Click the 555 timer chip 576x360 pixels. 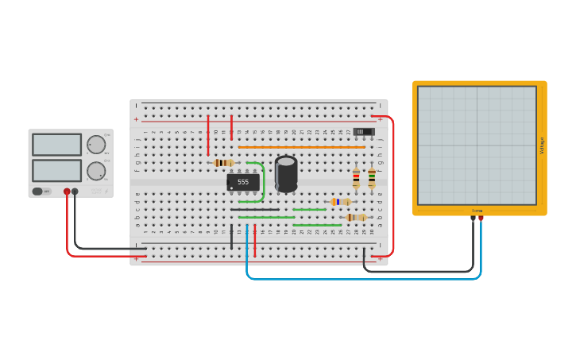243,182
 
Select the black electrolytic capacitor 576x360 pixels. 286,173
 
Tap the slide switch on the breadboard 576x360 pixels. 363,131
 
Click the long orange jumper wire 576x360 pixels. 302,147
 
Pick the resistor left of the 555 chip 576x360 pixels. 224,163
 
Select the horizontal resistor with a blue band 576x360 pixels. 341,202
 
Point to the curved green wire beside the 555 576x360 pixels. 263,182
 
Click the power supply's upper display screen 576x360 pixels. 56,145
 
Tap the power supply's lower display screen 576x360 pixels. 56,170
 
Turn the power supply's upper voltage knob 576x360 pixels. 96,145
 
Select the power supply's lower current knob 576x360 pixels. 96,171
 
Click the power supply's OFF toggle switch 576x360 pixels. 41,192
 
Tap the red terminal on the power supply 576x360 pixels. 67,192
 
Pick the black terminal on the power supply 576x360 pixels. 75,192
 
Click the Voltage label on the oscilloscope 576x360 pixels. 542,146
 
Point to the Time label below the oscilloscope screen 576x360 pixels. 477,211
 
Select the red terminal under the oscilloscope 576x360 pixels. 481,218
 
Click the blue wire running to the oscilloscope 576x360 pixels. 358,278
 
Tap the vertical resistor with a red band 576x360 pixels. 356,178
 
